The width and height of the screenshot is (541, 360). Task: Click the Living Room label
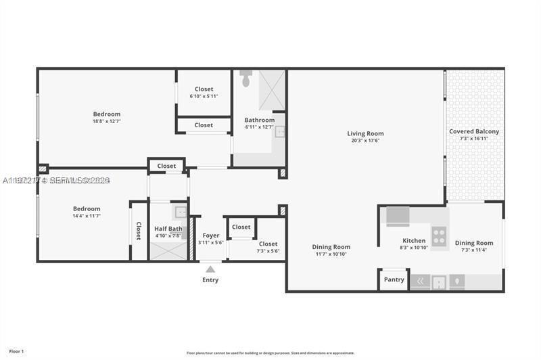click(365, 133)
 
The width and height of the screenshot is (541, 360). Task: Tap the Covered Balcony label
click(474, 131)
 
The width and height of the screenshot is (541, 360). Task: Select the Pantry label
click(394, 279)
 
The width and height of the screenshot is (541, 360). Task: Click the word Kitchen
click(414, 240)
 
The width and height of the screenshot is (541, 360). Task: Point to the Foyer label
click(210, 235)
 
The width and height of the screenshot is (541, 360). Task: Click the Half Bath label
click(168, 229)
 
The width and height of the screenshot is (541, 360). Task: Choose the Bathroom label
click(260, 120)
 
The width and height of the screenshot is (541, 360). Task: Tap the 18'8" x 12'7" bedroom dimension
click(107, 122)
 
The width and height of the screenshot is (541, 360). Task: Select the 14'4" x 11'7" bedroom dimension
click(87, 216)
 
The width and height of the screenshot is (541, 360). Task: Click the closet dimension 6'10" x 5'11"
click(204, 96)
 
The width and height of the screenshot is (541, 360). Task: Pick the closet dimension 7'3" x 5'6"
click(268, 251)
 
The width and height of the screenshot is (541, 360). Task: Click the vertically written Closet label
click(139, 231)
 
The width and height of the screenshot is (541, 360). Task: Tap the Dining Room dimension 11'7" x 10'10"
click(331, 254)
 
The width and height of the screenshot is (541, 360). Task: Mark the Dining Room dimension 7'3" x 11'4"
click(474, 250)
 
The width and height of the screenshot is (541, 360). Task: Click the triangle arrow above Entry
click(210, 269)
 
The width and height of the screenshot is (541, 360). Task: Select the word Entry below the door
click(210, 280)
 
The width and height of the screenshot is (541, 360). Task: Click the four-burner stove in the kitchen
click(440, 237)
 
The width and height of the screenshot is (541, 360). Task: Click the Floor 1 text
click(16, 351)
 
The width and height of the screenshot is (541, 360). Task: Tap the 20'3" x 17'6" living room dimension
click(365, 141)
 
